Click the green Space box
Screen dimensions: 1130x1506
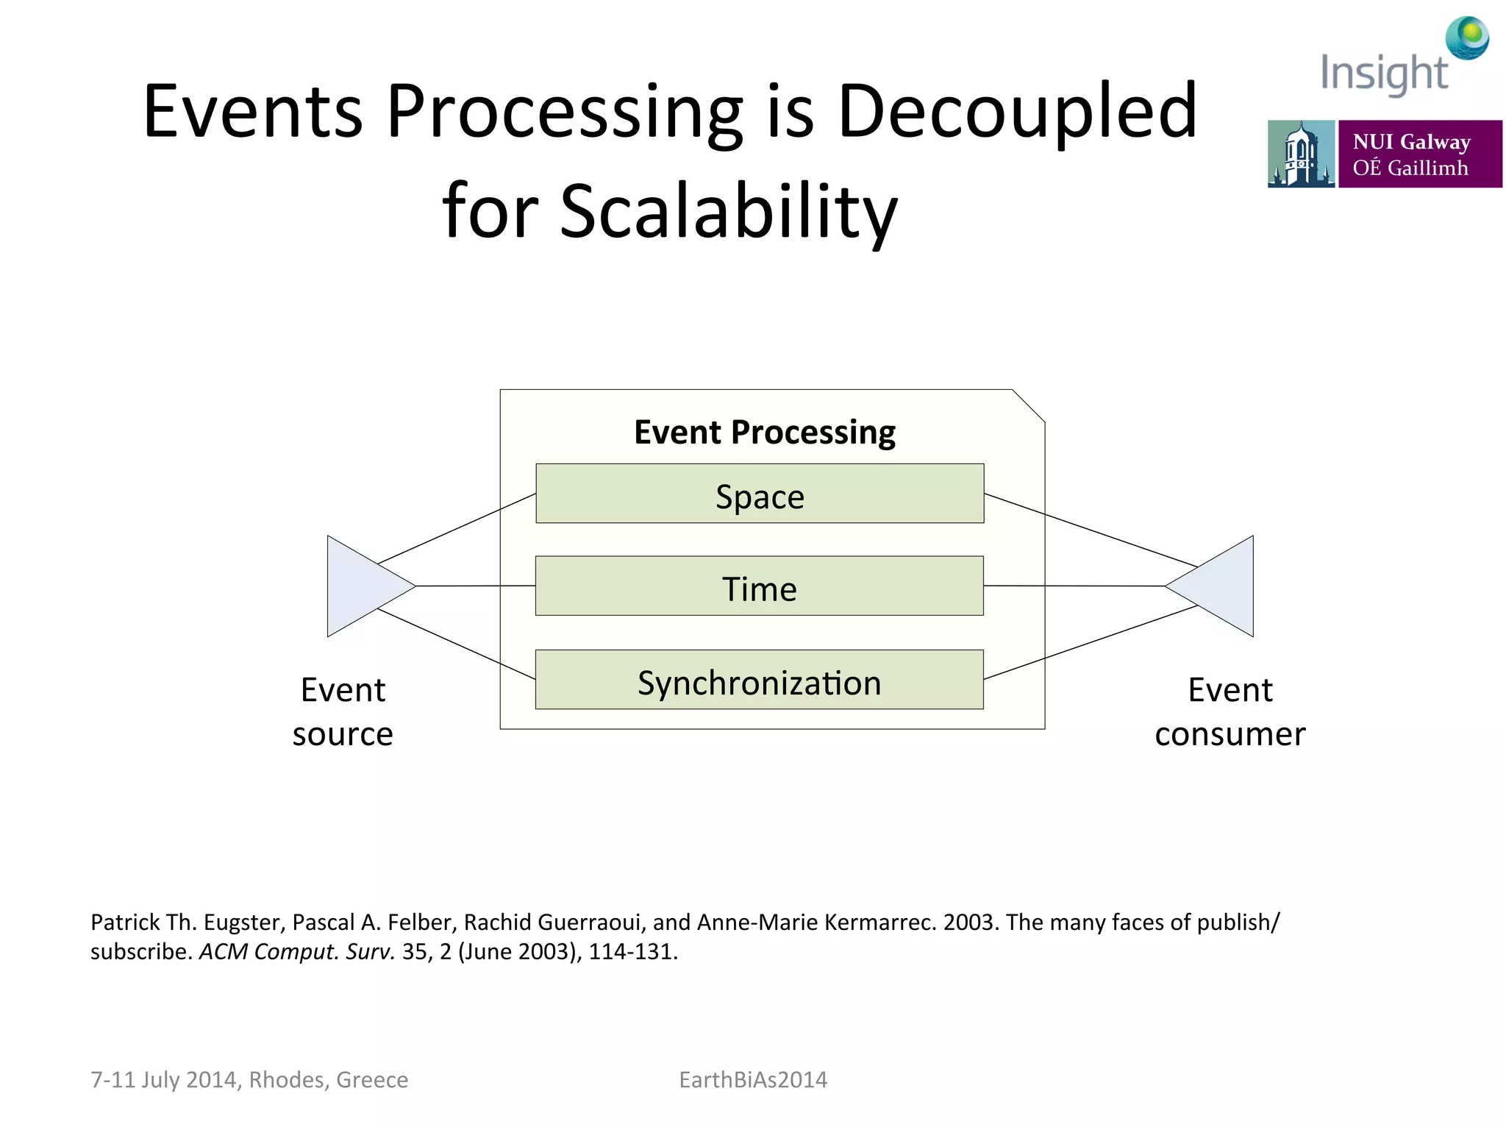pos(760,494)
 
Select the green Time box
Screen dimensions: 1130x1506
pos(760,586)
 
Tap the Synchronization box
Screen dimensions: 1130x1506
pos(760,680)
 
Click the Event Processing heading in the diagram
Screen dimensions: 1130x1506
pos(765,432)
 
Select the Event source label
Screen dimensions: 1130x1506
pos(343,711)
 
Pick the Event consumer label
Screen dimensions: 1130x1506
pos(1230,711)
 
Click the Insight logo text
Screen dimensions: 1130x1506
pos(1383,74)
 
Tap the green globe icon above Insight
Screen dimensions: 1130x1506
pos(1467,38)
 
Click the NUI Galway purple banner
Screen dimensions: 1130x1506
pos(1419,154)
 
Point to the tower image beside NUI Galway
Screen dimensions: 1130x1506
pos(1300,154)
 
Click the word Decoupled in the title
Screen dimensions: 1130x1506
pos(1018,112)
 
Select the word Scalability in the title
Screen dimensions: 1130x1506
pos(728,212)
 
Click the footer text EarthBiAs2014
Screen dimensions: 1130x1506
pos(753,1079)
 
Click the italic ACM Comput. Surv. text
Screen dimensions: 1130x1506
pos(297,951)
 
